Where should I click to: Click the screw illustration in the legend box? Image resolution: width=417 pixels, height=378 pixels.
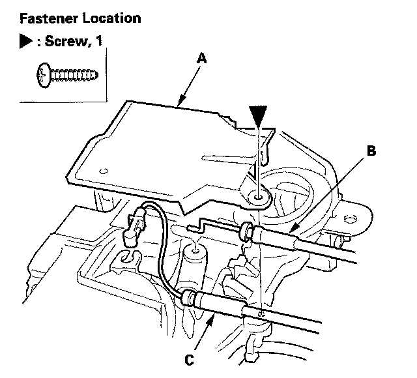point(66,76)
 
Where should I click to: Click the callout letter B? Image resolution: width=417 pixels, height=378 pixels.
point(371,152)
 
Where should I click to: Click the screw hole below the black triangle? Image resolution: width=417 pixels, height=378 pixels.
point(259,195)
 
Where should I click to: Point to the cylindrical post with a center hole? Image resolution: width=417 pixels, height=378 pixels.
point(195,252)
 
